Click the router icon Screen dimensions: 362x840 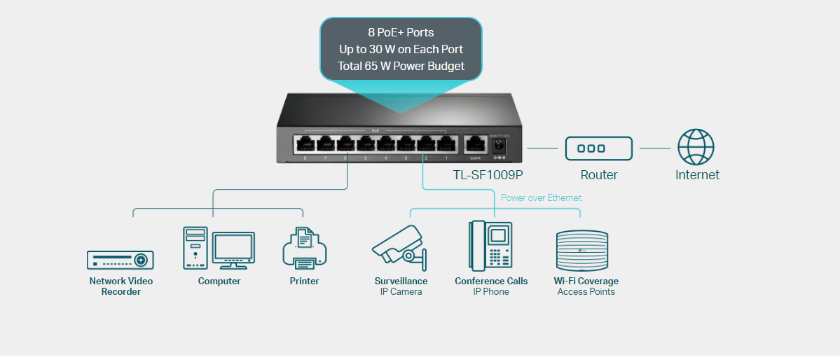click(599, 148)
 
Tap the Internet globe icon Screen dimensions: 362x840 click(696, 148)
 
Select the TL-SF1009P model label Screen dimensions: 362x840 click(488, 175)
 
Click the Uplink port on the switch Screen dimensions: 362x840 click(475, 145)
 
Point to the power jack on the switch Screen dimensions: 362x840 click(500, 146)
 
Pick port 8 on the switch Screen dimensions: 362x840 click(305, 144)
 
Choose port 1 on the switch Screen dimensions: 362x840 click(446, 144)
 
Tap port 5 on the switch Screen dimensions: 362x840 click(366, 144)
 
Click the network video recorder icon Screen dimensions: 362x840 click(121, 260)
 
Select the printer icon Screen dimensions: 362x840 click(304, 249)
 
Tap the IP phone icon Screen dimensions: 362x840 click(490, 246)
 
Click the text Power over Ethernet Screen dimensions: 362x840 click(541, 197)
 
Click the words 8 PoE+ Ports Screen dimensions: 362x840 click(401, 32)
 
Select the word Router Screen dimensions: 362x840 click(599, 175)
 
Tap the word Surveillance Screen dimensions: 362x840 click(401, 281)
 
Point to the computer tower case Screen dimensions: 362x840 click(195, 247)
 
